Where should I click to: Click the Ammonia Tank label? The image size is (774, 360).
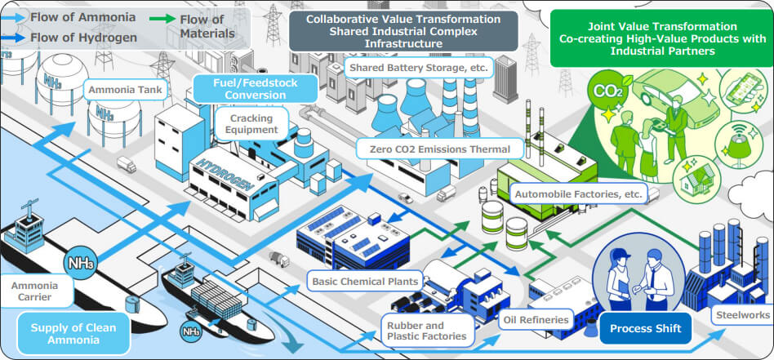[x=127, y=90]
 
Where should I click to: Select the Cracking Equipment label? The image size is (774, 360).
[x=253, y=122]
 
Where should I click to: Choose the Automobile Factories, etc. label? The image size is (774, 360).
[x=580, y=193]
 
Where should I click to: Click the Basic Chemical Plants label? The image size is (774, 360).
[x=366, y=282]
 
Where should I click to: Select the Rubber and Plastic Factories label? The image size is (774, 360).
[x=427, y=329]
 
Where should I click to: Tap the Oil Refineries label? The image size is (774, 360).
[x=536, y=320]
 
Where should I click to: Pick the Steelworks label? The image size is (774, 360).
[x=741, y=315]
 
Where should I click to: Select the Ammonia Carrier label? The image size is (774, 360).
[x=37, y=292]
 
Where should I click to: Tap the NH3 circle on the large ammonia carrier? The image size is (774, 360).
[x=82, y=263]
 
